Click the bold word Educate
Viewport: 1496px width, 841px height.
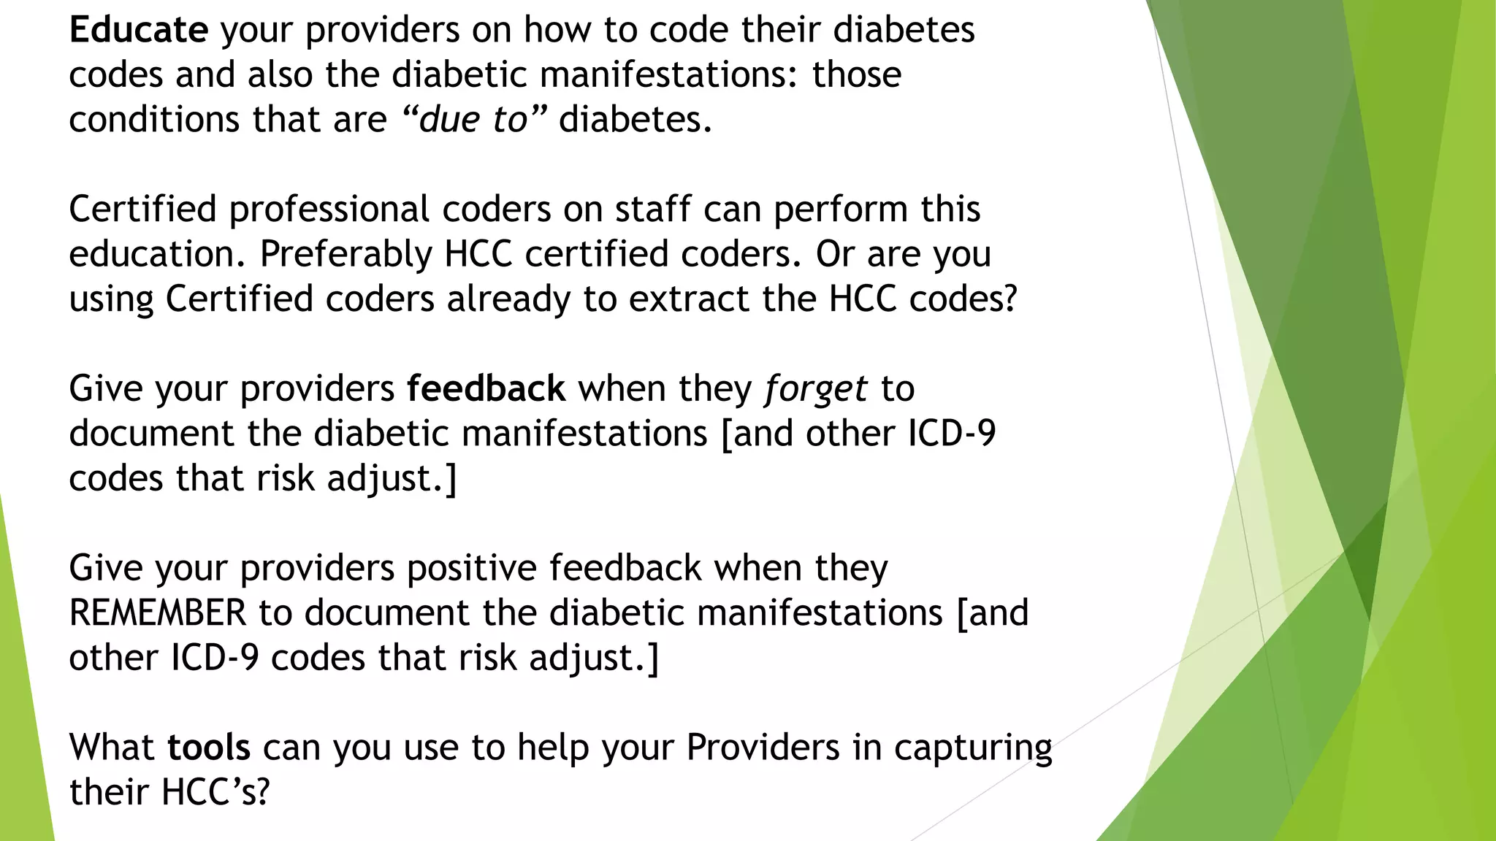(x=139, y=30)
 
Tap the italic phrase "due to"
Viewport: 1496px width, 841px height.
(x=474, y=119)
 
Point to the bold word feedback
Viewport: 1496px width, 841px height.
(x=486, y=388)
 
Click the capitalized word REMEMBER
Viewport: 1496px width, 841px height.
(x=158, y=612)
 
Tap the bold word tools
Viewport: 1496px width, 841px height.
(x=209, y=747)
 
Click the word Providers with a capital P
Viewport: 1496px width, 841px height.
(x=763, y=747)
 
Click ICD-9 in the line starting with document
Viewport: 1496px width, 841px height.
(x=952, y=434)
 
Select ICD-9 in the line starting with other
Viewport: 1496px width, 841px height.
(x=215, y=658)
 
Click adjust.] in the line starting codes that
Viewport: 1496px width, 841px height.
(x=392, y=479)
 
